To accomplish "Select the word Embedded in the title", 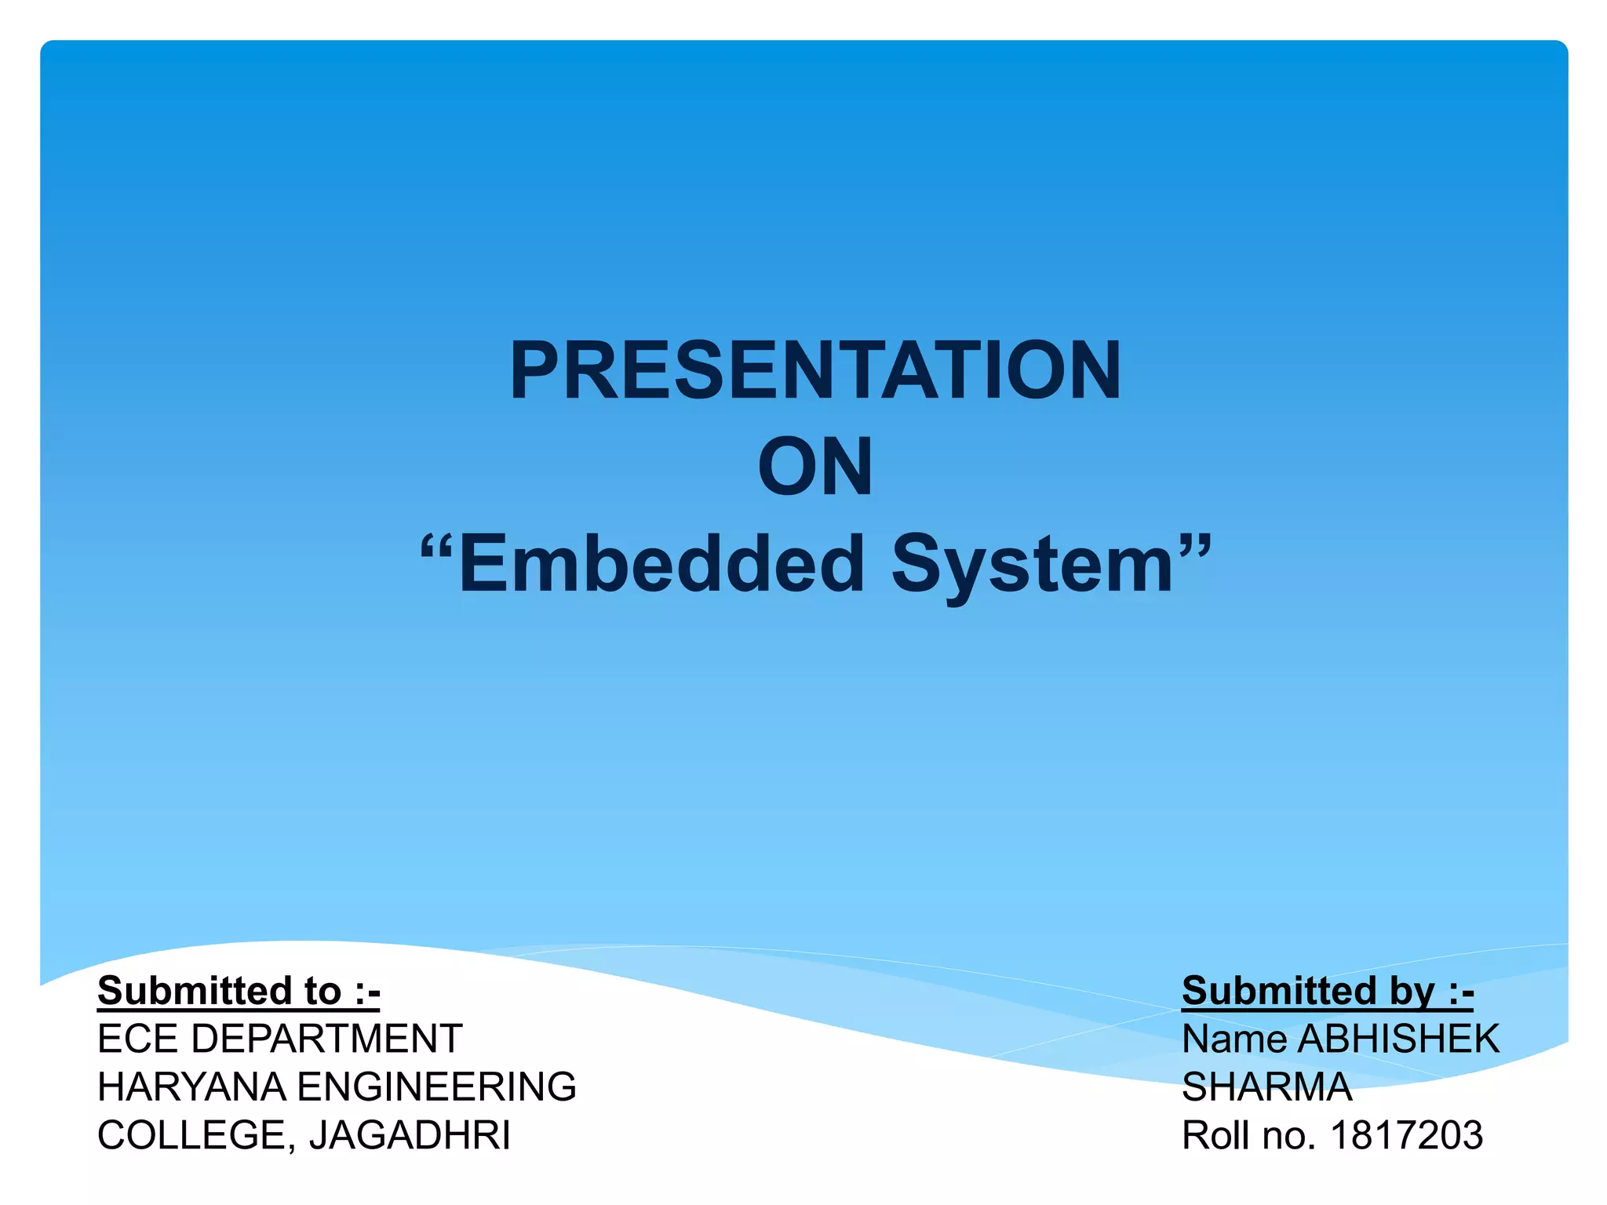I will (661, 563).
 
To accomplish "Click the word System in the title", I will (1032, 563).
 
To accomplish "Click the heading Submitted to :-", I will (239, 991).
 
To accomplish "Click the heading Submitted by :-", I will (1328, 991).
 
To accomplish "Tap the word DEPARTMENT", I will (326, 1039).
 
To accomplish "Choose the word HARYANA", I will (191, 1087).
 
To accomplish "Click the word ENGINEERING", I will (437, 1087).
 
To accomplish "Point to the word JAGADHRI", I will (409, 1136).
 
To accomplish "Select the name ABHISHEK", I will (1398, 1039).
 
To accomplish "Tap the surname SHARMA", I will (1266, 1087).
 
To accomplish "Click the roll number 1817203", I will (1406, 1136).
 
